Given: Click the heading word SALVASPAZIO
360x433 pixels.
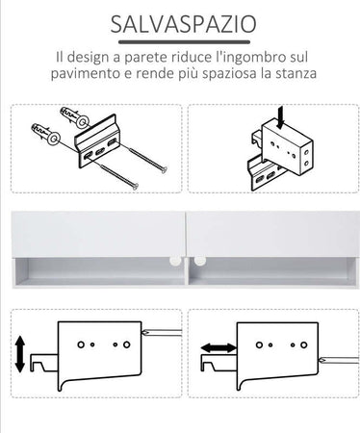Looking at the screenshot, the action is click(x=183, y=24).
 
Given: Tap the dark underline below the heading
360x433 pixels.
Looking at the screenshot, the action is click(x=184, y=42).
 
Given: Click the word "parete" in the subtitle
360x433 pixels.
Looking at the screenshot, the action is click(x=145, y=58).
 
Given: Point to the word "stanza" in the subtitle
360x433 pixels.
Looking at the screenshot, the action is click(x=296, y=73).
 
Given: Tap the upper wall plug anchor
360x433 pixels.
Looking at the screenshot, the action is click(x=75, y=117).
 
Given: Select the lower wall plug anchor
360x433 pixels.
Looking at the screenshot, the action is click(x=45, y=134).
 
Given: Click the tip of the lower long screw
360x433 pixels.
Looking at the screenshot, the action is click(x=136, y=186).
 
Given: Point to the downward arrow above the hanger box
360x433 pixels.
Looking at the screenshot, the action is click(x=281, y=117).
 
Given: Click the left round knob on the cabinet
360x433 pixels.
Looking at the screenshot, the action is click(x=174, y=260).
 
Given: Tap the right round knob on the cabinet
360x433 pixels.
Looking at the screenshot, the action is click(x=199, y=260).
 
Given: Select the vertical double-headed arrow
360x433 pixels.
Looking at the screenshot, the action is click(x=20, y=354).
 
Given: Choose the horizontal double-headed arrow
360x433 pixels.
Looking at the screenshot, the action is click(x=219, y=347).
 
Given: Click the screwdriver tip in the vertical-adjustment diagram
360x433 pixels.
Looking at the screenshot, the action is click(x=144, y=332).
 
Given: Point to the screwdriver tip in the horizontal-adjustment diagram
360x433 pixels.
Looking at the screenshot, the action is click(x=321, y=360).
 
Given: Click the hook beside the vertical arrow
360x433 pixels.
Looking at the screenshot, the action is click(x=43, y=363).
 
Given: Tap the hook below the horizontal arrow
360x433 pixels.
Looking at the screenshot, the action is click(x=219, y=363).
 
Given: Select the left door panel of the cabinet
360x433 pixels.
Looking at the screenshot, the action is click(x=98, y=234).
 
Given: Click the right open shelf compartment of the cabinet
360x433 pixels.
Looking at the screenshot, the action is click(x=272, y=271).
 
